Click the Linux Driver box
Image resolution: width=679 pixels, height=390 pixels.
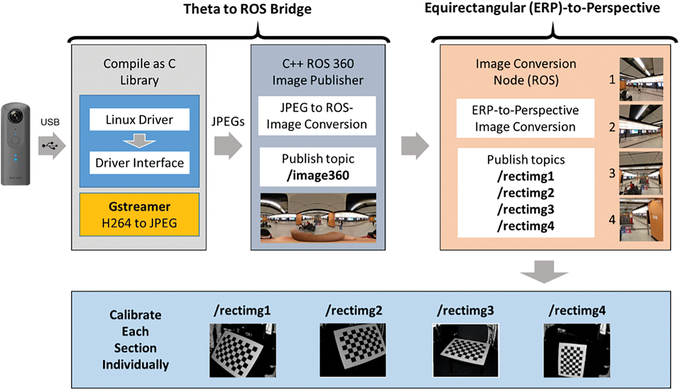[139, 119]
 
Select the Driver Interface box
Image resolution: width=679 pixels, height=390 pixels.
[139, 163]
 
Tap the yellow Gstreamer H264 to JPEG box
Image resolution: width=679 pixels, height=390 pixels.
[139, 215]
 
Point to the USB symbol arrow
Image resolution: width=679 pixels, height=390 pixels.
[52, 146]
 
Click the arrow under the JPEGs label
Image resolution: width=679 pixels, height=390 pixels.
[228, 146]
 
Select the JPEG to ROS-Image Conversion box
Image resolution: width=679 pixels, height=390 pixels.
[317, 116]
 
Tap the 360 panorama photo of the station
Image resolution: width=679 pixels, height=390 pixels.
[318, 218]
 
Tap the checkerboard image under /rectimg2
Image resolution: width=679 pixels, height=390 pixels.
[353, 350]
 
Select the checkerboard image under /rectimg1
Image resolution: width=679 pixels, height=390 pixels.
[243, 350]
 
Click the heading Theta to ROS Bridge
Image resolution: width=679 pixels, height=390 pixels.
[247, 9]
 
